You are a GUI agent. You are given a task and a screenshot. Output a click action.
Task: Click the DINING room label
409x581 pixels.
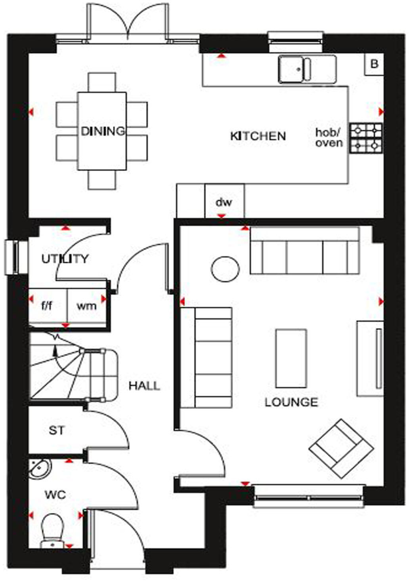102,131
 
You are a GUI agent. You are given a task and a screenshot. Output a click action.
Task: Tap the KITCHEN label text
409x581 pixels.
258,136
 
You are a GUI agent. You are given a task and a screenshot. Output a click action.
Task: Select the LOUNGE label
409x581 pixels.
291,402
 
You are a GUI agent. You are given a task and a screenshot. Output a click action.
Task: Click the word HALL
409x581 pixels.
144,386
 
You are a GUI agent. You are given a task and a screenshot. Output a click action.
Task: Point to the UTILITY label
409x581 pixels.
65,259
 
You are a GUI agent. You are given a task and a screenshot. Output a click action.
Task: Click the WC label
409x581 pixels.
55,495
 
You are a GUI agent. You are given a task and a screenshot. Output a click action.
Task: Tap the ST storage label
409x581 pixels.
56,430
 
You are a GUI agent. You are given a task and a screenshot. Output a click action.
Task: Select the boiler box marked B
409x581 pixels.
374,64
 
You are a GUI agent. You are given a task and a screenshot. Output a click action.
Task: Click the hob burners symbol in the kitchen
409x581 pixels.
366,138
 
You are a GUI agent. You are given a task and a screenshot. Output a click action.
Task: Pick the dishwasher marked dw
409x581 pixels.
224,202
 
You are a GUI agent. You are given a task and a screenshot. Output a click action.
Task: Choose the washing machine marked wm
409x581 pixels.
86,306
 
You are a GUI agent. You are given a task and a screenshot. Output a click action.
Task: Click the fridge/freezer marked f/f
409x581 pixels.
47,306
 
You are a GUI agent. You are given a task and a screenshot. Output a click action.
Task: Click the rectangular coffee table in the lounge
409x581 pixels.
291,358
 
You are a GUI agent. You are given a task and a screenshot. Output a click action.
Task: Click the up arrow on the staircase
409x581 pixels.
55,350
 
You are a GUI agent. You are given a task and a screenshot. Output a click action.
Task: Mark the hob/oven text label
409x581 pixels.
329,137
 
